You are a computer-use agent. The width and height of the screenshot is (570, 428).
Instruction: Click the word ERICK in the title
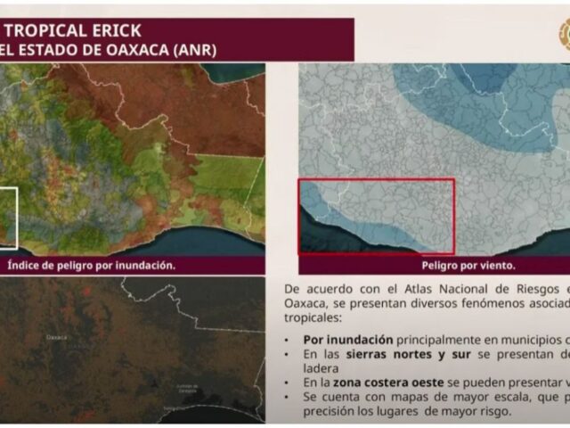[110, 31]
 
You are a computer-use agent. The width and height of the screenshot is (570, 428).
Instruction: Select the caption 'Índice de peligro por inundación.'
[91, 266]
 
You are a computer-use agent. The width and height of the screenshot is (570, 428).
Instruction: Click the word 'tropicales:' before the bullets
[317, 318]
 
